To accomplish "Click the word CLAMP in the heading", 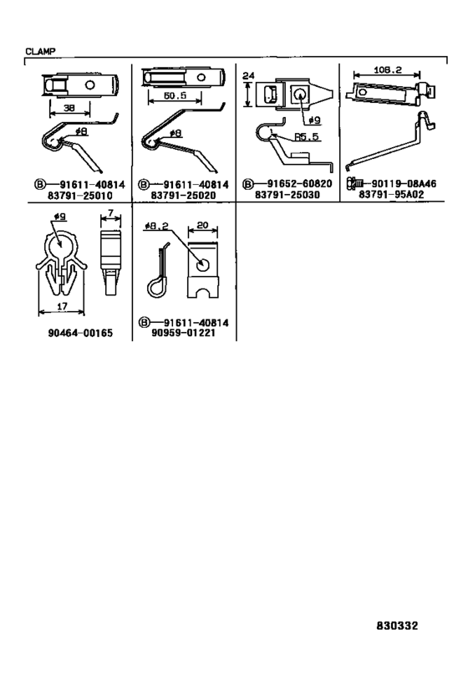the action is click(41, 51).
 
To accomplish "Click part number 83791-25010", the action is click(80, 195).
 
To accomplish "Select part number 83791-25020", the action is click(183, 195).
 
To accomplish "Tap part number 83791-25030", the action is click(287, 195).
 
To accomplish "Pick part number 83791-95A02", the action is click(391, 194).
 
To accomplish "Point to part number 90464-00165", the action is click(80, 333).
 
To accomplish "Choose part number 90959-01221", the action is click(183, 333).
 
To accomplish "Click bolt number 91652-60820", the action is click(299, 184).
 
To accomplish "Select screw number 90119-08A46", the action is click(404, 183).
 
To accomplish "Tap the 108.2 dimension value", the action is click(388, 69).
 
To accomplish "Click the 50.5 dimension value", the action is click(175, 95).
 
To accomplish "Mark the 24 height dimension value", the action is click(248, 75).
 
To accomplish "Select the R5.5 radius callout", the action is click(307, 136).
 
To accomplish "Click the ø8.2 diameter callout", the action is click(156, 226).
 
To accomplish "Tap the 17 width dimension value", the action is click(62, 306).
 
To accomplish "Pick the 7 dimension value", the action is click(110, 213).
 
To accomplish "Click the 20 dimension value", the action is click(202, 226).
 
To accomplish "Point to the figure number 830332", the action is click(397, 626).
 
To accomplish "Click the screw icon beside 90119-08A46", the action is click(354, 183).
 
